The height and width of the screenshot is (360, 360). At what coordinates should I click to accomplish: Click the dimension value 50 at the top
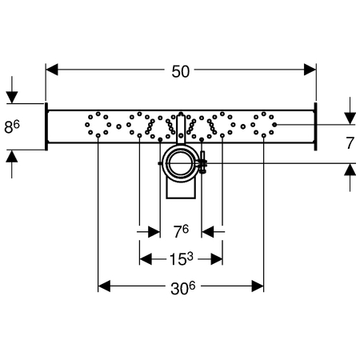[181, 71]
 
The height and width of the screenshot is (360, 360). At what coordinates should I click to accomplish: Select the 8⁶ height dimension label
[12, 126]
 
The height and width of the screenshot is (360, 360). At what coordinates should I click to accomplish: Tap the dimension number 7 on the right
[350, 143]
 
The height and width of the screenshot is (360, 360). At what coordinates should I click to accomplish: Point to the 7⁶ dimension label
[181, 231]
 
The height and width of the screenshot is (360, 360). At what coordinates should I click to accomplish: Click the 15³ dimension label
[182, 258]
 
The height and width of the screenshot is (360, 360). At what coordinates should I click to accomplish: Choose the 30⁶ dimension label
[183, 288]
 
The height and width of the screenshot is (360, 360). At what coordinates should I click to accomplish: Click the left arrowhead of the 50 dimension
[52, 70]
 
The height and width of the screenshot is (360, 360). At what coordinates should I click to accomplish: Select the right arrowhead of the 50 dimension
[310, 70]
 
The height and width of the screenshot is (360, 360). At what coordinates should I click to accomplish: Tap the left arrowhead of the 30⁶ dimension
[104, 286]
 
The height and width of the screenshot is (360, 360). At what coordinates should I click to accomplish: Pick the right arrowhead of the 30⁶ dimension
[258, 286]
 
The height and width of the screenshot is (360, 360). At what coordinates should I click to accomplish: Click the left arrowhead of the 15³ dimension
[146, 258]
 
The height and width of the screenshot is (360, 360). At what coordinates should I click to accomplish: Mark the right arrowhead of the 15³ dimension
[217, 258]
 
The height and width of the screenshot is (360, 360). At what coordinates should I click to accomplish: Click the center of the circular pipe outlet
[181, 163]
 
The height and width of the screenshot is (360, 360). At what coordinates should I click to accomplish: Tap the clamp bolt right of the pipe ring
[202, 162]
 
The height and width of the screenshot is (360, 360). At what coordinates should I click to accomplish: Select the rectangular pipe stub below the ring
[181, 189]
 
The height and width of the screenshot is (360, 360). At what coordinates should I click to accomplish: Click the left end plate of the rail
[46, 126]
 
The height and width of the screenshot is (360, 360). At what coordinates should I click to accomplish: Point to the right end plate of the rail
[315, 126]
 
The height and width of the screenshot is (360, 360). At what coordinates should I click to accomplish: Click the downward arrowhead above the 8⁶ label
[12, 97]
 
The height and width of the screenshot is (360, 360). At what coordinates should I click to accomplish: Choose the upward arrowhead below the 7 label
[350, 170]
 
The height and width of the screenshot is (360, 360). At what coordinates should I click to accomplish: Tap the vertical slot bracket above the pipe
[181, 127]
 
